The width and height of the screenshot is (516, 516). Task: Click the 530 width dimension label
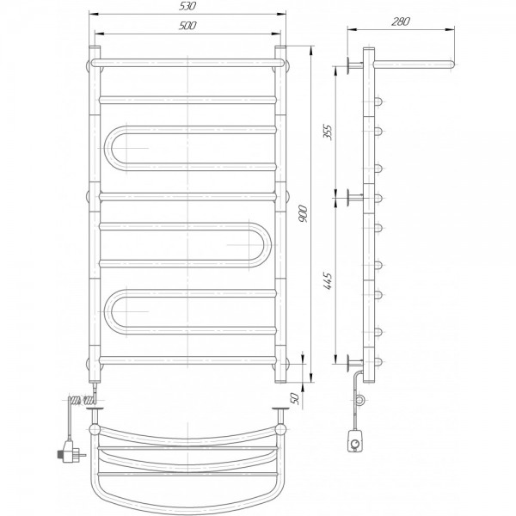187,7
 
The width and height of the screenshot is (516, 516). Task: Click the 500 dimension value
187,26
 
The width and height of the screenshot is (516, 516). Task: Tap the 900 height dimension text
303,213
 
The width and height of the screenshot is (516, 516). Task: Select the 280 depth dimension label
401,21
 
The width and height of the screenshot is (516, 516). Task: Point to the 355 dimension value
329,132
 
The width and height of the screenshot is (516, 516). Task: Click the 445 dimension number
329,281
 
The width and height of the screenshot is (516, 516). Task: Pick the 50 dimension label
295,399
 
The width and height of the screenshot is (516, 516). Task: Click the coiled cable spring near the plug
82,401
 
